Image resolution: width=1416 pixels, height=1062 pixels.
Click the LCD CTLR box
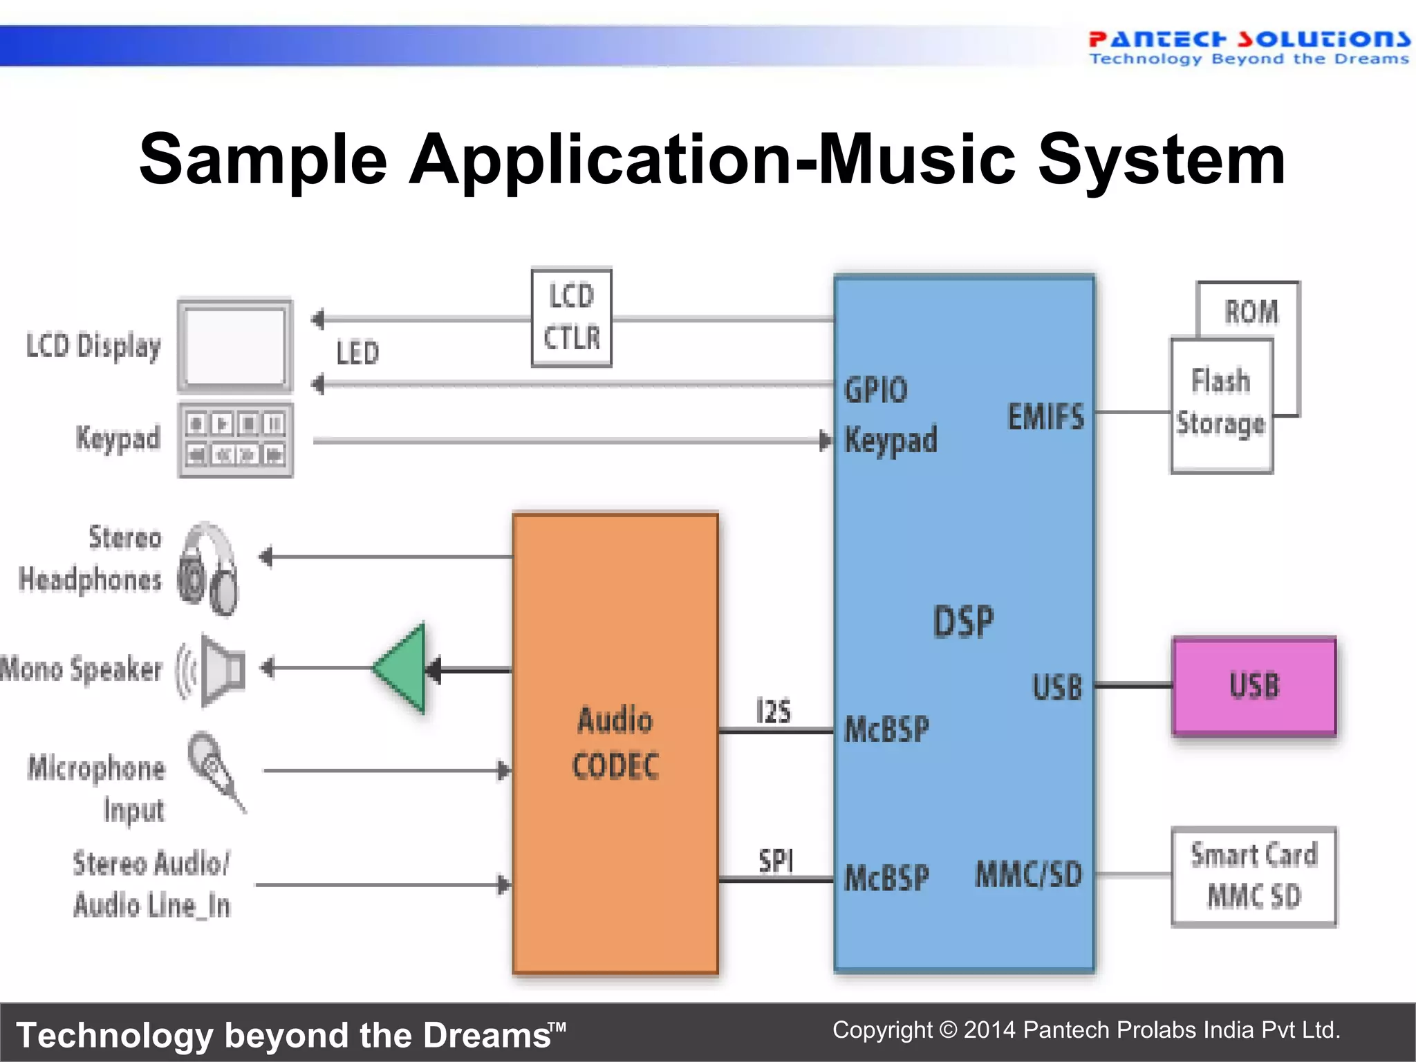pos(571,317)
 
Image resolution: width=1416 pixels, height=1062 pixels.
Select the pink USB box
pos(1254,686)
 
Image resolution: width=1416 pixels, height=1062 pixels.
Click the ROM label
pos(1251,311)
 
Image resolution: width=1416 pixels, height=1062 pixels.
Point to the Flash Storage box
pos(1222,404)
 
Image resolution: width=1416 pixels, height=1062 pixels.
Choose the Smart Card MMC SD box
pos(1254,876)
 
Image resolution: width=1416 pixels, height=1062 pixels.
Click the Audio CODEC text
pos(615,743)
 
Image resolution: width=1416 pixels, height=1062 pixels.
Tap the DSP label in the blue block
pos(963,621)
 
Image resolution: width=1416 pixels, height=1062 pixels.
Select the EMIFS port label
pos(1045,417)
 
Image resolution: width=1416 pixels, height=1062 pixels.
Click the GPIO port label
pos(875,390)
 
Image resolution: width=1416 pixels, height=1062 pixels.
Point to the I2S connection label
pos(773,711)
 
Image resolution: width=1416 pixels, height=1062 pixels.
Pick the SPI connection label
pos(776,861)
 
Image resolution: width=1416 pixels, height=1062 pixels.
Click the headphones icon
pos(208,568)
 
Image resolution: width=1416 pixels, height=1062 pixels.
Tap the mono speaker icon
pos(214,669)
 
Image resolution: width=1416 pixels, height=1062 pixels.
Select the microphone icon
pos(215,770)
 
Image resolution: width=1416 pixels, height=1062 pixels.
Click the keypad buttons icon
pos(235,440)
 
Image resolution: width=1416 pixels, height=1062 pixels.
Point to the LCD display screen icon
pos(235,346)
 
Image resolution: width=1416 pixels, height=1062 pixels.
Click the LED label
pos(357,353)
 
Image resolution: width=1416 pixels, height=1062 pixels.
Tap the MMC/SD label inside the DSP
pos(1028,874)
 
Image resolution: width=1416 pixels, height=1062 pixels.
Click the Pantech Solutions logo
pos(1249,47)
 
